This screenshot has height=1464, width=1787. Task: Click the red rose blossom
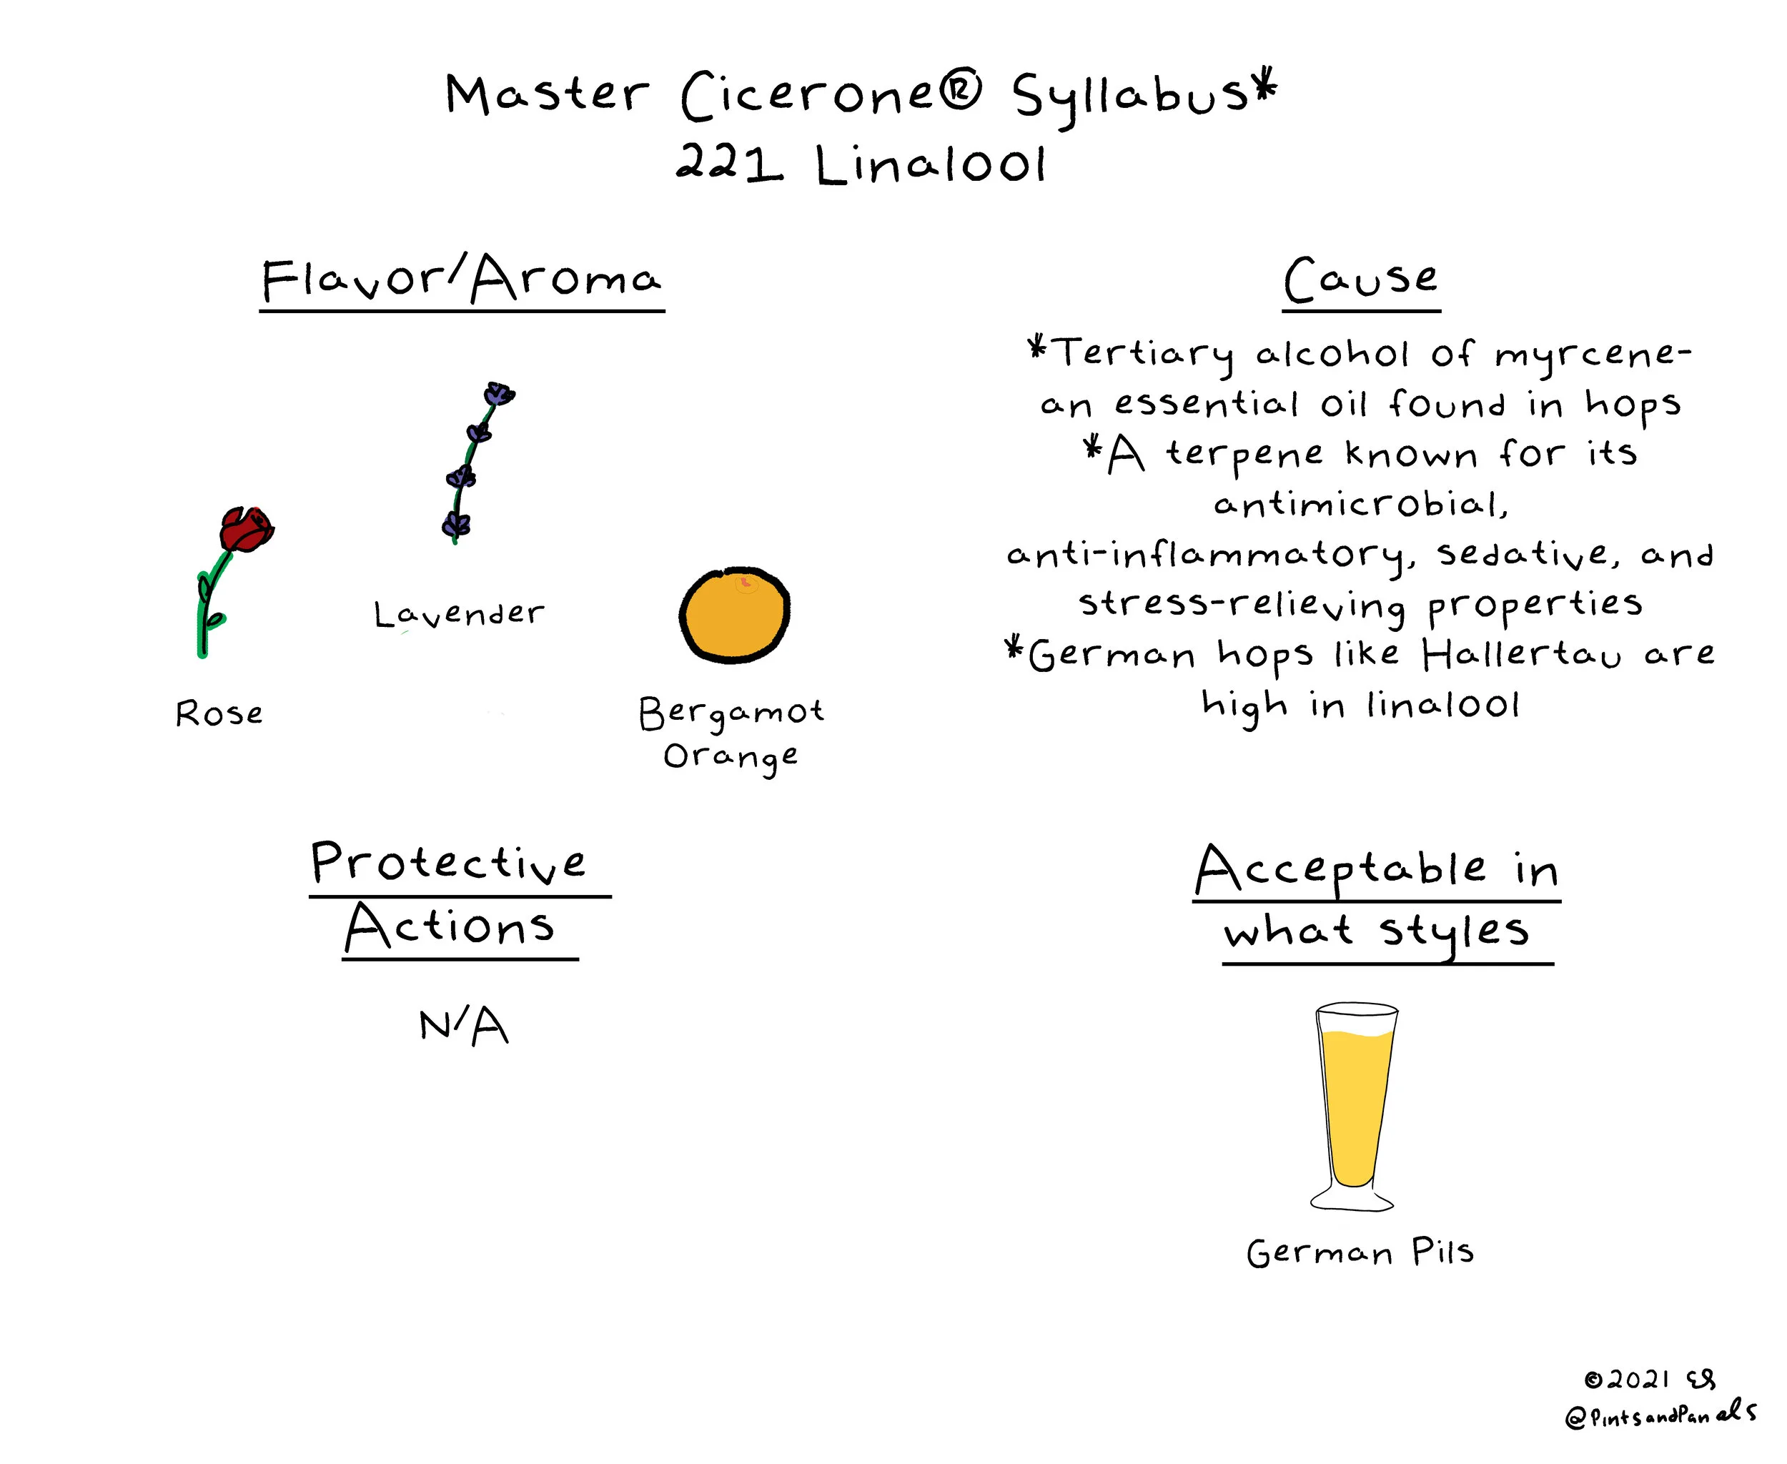coord(247,529)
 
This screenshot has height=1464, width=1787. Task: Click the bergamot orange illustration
coord(735,614)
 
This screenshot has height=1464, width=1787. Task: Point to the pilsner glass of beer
coord(1355,1107)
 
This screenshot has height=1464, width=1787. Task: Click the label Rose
coord(219,713)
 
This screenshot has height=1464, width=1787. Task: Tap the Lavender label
coord(459,614)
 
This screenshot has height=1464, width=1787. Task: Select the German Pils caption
coord(1360,1252)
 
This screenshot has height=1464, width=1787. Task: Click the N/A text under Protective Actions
coord(464,1027)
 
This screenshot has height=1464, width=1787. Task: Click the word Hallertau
coord(1520,654)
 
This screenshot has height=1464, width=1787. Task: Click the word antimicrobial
coord(1360,504)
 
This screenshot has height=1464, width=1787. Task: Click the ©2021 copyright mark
coord(1627,1380)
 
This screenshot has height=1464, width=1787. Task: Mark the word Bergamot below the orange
coord(731,714)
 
